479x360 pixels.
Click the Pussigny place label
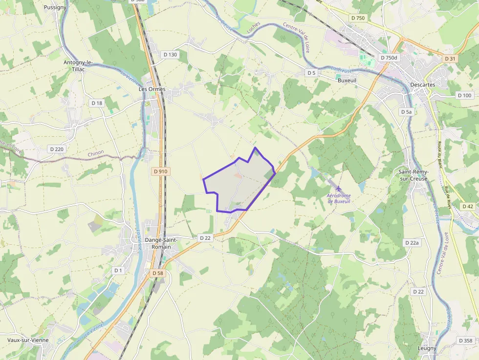point(55,7)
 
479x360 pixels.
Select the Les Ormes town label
point(152,89)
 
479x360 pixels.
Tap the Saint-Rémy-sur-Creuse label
point(413,175)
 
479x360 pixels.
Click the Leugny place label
point(427,348)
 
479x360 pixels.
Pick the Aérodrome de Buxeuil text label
point(339,198)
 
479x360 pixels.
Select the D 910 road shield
point(160,171)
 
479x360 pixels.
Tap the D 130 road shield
point(170,55)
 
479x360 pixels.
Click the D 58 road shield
point(157,273)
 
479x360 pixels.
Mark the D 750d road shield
point(389,58)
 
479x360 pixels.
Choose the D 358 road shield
point(466,340)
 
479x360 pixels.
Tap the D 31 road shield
point(450,59)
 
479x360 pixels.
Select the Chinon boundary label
point(96,153)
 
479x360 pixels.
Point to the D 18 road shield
point(97,103)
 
